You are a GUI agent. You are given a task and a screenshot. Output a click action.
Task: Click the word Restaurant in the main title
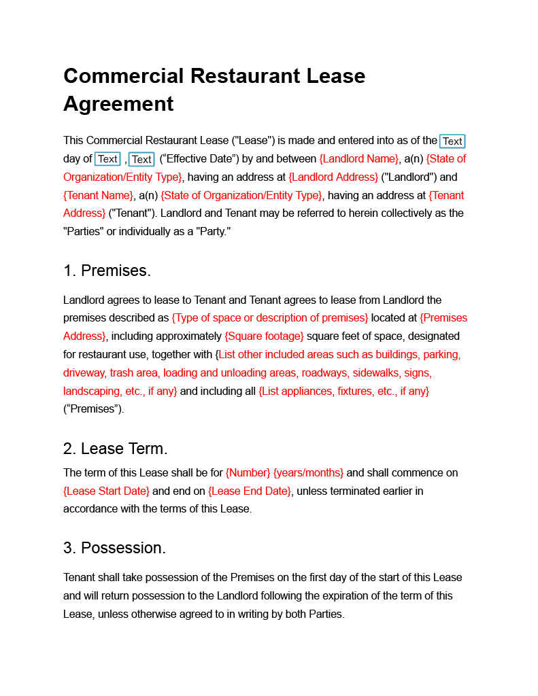point(243,75)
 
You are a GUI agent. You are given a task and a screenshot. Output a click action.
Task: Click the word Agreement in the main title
point(118,104)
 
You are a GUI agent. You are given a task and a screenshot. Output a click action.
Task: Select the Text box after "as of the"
point(452,141)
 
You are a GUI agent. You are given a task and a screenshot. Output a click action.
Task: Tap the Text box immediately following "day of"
point(107,159)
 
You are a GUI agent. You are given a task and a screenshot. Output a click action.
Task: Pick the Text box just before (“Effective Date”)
point(141,160)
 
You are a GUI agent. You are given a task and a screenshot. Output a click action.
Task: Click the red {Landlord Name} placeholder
point(359,159)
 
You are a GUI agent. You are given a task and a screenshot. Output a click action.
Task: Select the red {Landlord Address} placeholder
point(333,177)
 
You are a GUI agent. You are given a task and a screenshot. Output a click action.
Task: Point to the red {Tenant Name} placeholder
point(99,196)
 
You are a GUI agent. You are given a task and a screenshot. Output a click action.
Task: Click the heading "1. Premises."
point(107,271)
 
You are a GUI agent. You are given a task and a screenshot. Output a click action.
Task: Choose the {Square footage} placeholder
point(264,336)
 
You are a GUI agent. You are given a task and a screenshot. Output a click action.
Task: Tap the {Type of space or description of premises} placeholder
point(270,318)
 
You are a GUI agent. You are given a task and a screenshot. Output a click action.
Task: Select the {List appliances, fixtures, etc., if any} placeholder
point(344,391)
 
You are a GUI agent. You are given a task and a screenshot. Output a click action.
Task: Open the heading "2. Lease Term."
point(115,449)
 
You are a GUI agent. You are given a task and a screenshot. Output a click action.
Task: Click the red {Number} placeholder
point(248,472)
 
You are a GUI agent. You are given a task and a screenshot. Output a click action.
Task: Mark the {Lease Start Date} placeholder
point(106,491)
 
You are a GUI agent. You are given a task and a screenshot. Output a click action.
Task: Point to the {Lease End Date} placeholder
point(250,491)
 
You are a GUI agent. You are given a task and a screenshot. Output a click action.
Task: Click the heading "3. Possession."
point(114,548)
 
